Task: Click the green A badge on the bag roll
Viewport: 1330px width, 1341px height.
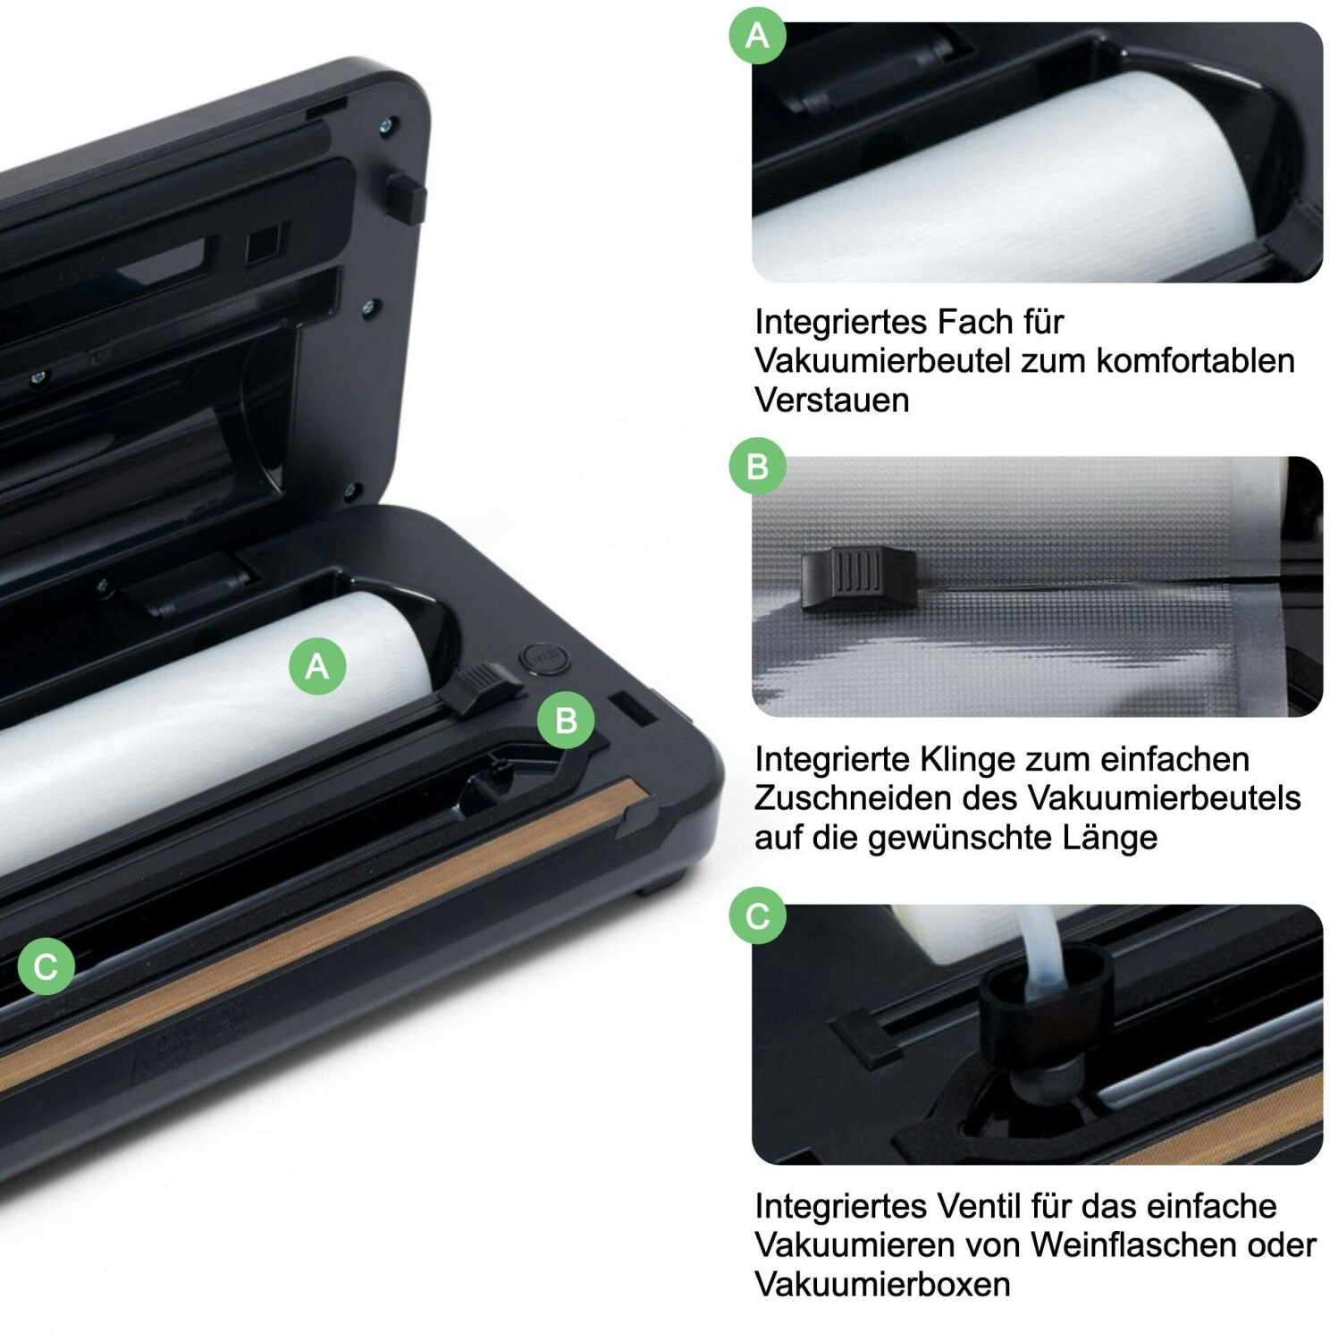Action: point(317,666)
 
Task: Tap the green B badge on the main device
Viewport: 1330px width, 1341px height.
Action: point(566,721)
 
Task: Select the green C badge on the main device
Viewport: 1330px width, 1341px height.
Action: point(46,966)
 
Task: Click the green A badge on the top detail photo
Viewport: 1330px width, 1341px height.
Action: point(757,35)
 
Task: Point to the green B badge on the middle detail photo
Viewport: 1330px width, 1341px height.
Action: point(757,466)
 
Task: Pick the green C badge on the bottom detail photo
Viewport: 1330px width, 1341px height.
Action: point(757,915)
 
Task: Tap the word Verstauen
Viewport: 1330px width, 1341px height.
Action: point(831,400)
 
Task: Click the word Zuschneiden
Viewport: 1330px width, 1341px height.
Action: point(853,797)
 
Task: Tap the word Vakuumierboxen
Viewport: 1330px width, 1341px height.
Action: point(882,1284)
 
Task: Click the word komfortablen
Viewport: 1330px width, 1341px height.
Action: point(1195,360)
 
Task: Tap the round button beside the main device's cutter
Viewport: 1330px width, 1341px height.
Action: point(543,659)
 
